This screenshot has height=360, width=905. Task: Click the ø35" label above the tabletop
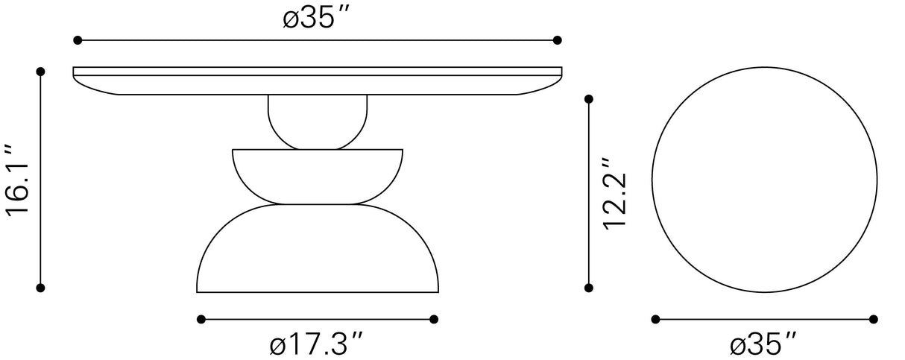tap(317, 17)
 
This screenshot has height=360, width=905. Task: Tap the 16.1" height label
tap(18, 180)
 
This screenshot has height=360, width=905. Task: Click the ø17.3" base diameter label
tap(317, 344)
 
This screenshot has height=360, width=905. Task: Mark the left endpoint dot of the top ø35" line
tap(77, 40)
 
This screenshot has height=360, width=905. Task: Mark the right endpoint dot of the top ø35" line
tap(557, 40)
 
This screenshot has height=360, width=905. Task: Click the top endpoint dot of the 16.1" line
tap(41, 72)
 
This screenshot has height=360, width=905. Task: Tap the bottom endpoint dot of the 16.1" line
tap(41, 287)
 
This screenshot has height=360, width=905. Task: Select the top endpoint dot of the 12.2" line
tap(589, 98)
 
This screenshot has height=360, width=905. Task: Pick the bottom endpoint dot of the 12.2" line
tap(589, 287)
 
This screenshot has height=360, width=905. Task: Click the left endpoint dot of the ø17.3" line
tap(201, 320)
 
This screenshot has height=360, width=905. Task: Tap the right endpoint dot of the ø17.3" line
tap(434, 320)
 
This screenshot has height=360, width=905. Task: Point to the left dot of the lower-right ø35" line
tap(656, 320)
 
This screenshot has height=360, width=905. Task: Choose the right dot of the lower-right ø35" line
tap(874, 320)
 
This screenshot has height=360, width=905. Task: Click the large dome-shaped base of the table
tap(317, 253)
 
